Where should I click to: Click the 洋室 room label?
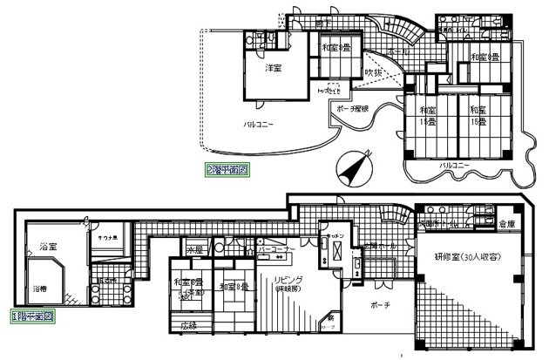(x=273, y=69)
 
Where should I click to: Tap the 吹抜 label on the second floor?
(x=373, y=72)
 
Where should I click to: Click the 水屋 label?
(x=196, y=249)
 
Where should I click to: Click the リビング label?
(x=287, y=280)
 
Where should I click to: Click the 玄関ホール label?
(x=381, y=246)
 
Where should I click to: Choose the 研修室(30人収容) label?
(x=469, y=257)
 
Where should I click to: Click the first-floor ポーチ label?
(x=379, y=305)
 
